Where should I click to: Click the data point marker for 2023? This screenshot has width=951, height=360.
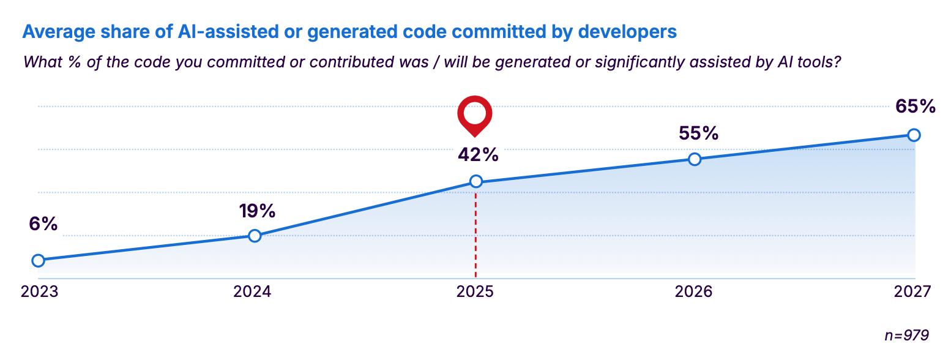point(38,260)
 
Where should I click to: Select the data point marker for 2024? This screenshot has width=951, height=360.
point(255,236)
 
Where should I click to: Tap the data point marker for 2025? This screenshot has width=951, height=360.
point(475,181)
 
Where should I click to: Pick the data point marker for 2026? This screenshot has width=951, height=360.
point(695,159)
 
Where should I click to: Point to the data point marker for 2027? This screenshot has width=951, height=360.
point(913,135)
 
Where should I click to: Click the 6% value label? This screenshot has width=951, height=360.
point(43,224)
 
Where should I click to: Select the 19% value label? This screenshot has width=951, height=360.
point(257,211)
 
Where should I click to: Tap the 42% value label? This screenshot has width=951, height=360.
point(478,155)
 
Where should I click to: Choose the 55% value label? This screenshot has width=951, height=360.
point(698,133)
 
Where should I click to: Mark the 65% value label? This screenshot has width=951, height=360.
point(916,107)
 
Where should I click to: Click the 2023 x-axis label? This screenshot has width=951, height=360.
point(40,292)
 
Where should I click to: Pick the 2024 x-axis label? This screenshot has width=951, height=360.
point(253,292)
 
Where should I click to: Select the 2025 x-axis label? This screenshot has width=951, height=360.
point(475,292)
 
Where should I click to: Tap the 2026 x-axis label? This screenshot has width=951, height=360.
point(694,292)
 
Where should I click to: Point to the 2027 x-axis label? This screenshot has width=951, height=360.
point(912,292)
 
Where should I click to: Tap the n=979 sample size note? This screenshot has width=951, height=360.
point(907,335)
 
